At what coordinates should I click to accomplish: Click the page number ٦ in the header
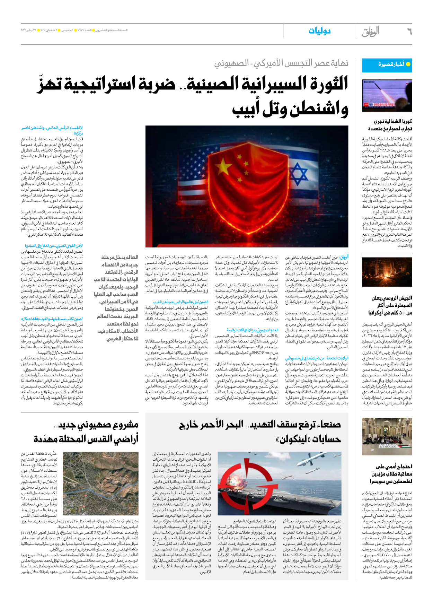click(409, 32)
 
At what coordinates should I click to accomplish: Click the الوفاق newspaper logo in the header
click(371, 32)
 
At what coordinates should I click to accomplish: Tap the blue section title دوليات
click(319, 31)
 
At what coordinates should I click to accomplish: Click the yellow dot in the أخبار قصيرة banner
click(408, 64)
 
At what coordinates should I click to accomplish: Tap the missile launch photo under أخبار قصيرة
click(387, 96)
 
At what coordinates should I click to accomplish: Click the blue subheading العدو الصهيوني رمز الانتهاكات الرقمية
click(253, 330)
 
